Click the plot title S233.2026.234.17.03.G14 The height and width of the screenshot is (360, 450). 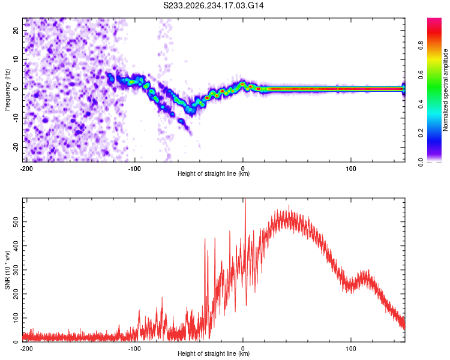coord(213,5)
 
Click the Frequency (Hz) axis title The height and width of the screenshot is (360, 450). coord(7,90)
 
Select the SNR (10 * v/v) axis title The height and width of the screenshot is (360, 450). coord(7,270)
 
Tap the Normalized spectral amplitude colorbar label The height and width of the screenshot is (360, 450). coord(445,90)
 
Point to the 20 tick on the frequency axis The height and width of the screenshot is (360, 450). coord(16,30)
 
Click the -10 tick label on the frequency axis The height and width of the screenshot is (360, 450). coord(16,118)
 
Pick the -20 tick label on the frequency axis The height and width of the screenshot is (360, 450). coord(16,147)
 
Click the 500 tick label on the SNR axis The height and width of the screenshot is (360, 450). coord(16,222)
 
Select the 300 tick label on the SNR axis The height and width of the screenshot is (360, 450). coord(16,270)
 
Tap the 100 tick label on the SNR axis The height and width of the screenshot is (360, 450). coord(16,318)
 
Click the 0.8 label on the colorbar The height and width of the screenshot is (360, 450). coord(421,46)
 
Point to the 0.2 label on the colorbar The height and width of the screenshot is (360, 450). coord(421,133)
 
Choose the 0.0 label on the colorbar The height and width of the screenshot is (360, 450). coord(421,162)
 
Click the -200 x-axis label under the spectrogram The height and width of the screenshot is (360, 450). coord(26,169)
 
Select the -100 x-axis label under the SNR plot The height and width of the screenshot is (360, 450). coord(134,349)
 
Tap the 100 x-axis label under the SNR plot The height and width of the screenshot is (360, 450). coord(351,349)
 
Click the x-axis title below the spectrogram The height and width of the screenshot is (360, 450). coord(214,173)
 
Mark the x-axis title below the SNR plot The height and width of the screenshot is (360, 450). coord(214,353)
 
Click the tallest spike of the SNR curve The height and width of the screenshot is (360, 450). coord(245,199)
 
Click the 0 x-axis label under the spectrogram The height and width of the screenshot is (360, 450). coord(243,169)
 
